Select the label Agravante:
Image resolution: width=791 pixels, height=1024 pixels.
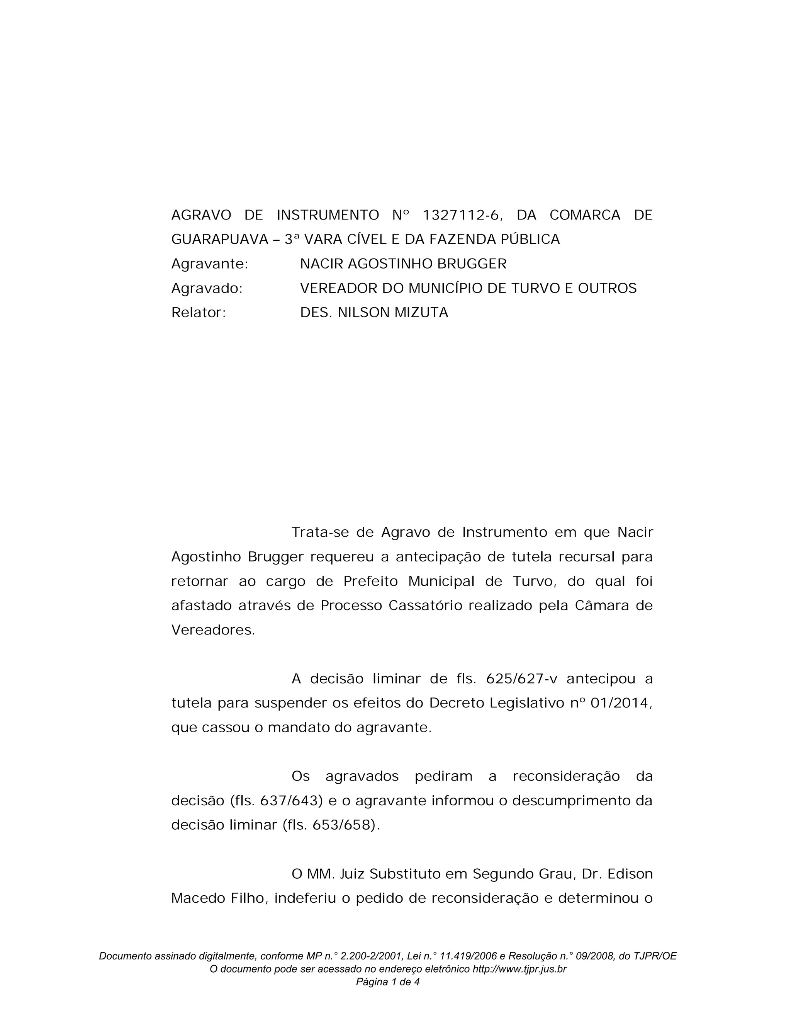tap(209, 264)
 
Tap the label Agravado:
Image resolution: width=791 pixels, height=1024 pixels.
tap(207, 288)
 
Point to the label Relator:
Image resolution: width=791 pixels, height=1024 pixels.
tap(199, 313)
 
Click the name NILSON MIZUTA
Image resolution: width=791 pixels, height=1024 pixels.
tap(393, 313)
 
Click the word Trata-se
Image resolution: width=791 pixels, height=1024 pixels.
tap(319, 532)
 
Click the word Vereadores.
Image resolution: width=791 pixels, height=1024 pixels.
tap(213, 630)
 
